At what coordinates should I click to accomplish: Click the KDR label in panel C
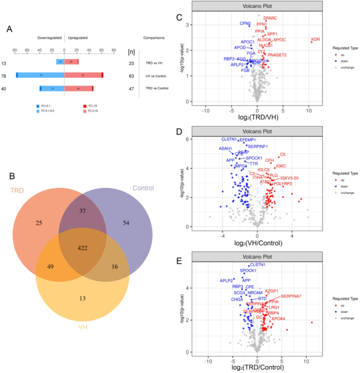tap(315, 39)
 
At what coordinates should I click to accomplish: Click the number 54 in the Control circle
tap(126, 223)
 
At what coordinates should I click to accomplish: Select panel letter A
tap(9, 29)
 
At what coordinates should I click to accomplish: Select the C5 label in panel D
tap(282, 154)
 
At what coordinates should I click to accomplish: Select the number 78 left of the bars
tap(5, 76)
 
